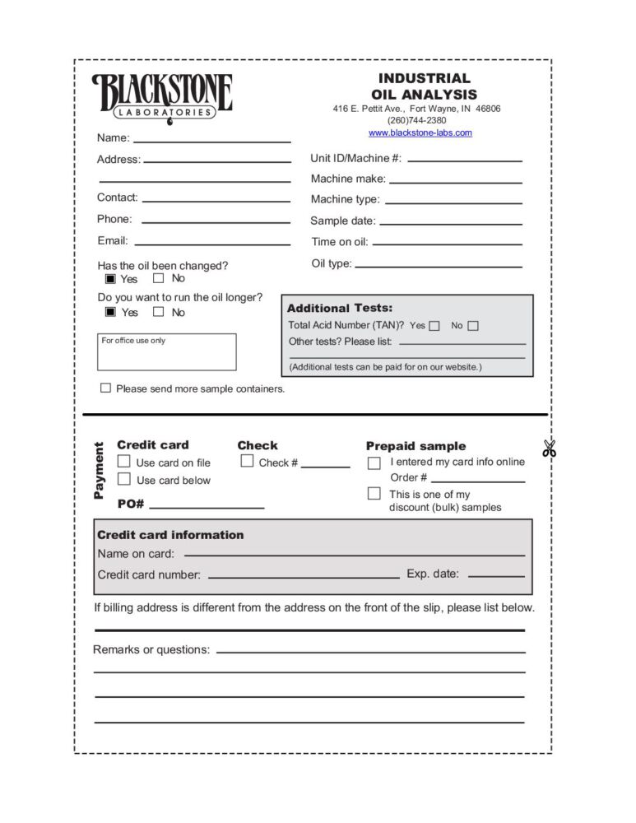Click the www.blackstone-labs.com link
click(x=420, y=133)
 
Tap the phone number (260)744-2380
click(x=416, y=120)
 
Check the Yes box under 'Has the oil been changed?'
click(x=110, y=279)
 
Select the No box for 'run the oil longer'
click(x=159, y=312)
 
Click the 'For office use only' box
click(x=167, y=352)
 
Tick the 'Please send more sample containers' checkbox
click(x=105, y=388)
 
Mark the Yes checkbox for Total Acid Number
click(x=434, y=326)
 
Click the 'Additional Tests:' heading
click(x=340, y=308)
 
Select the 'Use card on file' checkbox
click(x=124, y=462)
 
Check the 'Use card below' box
click(x=124, y=479)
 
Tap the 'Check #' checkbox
click(x=247, y=462)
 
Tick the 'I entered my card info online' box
click(x=374, y=463)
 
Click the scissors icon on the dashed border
click(x=550, y=449)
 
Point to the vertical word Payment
click(x=100, y=471)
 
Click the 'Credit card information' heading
click(x=170, y=535)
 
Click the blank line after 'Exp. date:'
click(x=496, y=576)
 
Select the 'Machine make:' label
click(x=348, y=179)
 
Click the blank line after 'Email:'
click(x=212, y=244)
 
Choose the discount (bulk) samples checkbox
click(x=374, y=494)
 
